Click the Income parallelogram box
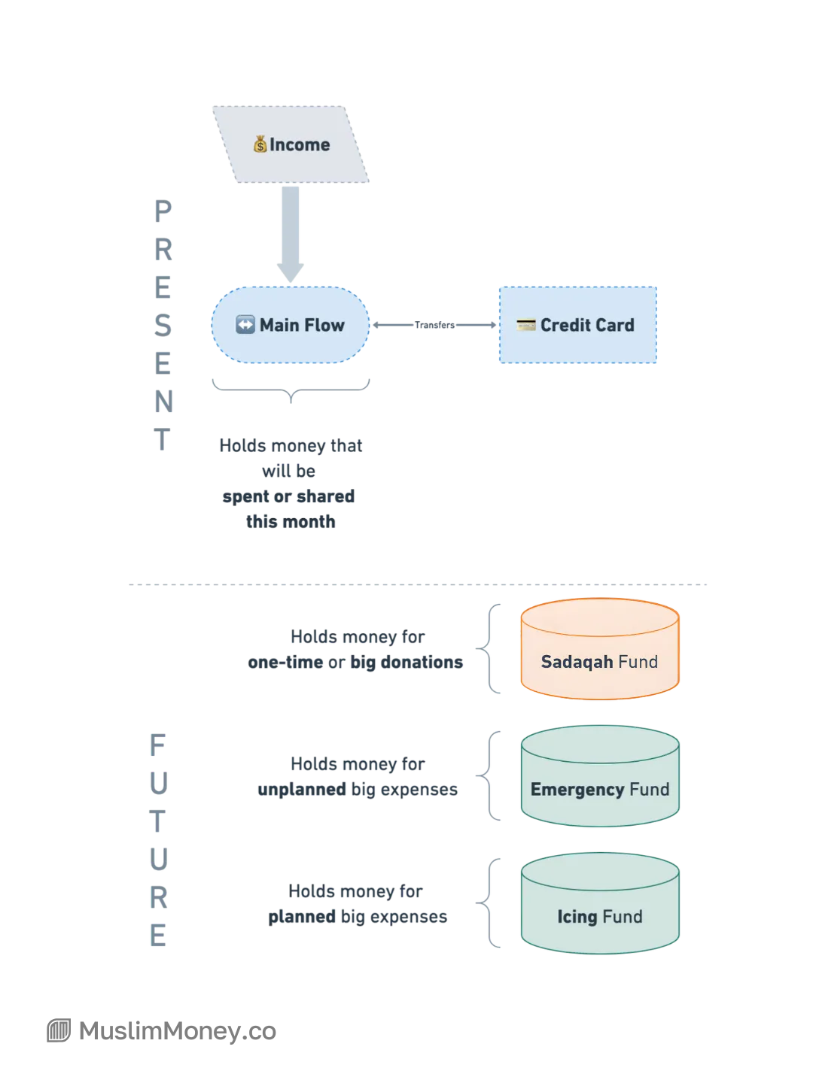pyautogui.click(x=291, y=144)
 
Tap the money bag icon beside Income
pyautogui.click(x=260, y=144)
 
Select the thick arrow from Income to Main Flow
pyautogui.click(x=291, y=234)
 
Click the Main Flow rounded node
pyautogui.click(x=291, y=325)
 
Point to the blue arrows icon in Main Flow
pyautogui.click(x=245, y=325)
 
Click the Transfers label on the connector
pyautogui.click(x=434, y=325)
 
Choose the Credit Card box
pyautogui.click(x=577, y=325)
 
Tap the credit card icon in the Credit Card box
pyautogui.click(x=525, y=325)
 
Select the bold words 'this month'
pyautogui.click(x=291, y=521)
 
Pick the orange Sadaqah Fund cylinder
pyautogui.click(x=600, y=648)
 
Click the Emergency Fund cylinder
pyautogui.click(x=600, y=775)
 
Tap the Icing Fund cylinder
pyautogui.click(x=600, y=903)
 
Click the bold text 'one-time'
pyautogui.click(x=285, y=662)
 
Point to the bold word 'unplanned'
pyautogui.click(x=302, y=790)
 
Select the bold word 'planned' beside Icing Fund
pyautogui.click(x=302, y=917)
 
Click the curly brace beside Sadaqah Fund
pyautogui.click(x=488, y=648)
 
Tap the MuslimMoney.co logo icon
pyautogui.click(x=59, y=1030)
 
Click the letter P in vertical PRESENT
pyautogui.click(x=163, y=211)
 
